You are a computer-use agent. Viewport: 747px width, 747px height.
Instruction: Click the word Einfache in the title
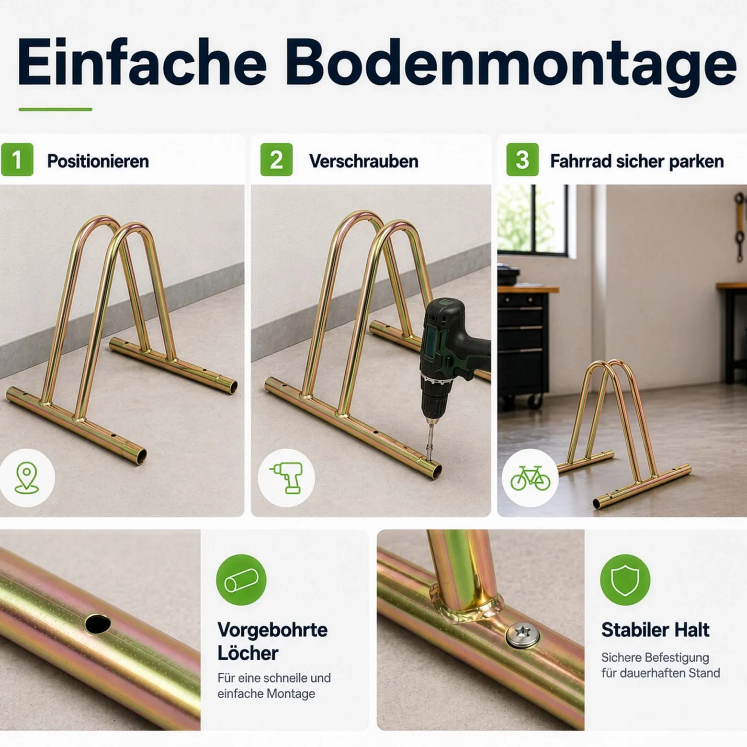click(142, 61)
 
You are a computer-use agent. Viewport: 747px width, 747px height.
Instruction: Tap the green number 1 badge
click(17, 159)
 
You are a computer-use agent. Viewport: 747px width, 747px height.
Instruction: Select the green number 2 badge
click(276, 159)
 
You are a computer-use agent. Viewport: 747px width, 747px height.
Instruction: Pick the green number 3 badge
click(522, 159)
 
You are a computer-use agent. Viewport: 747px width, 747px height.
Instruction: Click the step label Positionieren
click(98, 161)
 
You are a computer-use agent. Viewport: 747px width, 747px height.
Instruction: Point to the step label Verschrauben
click(363, 161)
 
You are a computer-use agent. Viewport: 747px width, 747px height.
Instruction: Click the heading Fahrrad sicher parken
click(637, 161)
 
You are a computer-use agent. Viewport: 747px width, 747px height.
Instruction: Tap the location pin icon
click(27, 477)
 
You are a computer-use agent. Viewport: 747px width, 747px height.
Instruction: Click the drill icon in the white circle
click(287, 477)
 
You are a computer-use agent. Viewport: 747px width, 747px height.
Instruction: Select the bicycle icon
click(530, 478)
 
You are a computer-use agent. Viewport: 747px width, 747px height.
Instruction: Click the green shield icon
click(625, 579)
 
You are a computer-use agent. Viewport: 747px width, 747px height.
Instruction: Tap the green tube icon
click(241, 579)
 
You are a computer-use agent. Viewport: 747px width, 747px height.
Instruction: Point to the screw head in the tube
click(523, 635)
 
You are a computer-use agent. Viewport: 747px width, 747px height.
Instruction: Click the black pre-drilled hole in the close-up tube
click(98, 624)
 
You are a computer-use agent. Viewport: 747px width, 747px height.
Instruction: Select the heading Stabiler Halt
click(655, 630)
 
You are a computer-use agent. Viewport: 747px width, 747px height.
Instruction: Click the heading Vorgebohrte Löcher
click(272, 641)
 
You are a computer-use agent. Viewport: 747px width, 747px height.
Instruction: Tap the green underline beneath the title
click(56, 110)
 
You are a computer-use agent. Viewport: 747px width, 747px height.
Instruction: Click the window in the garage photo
click(533, 219)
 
